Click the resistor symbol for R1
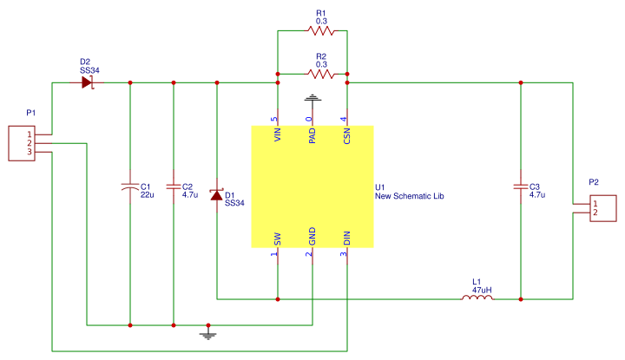tap(320, 31)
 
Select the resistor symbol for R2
tap(320, 74)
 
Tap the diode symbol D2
tap(87, 82)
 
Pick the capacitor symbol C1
tap(129, 187)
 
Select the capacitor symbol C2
tap(174, 187)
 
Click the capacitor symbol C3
tap(520, 187)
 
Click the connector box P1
tap(22, 143)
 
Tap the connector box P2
tap(603, 208)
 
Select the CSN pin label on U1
tap(345, 135)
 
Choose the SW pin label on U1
tap(277, 238)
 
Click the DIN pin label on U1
tap(345, 238)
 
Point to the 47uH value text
tap(482, 289)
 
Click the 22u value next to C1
tap(147, 195)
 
